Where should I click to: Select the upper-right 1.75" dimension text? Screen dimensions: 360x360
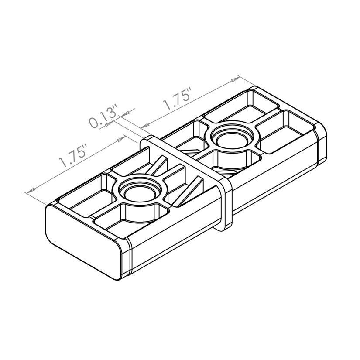point(177,100)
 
